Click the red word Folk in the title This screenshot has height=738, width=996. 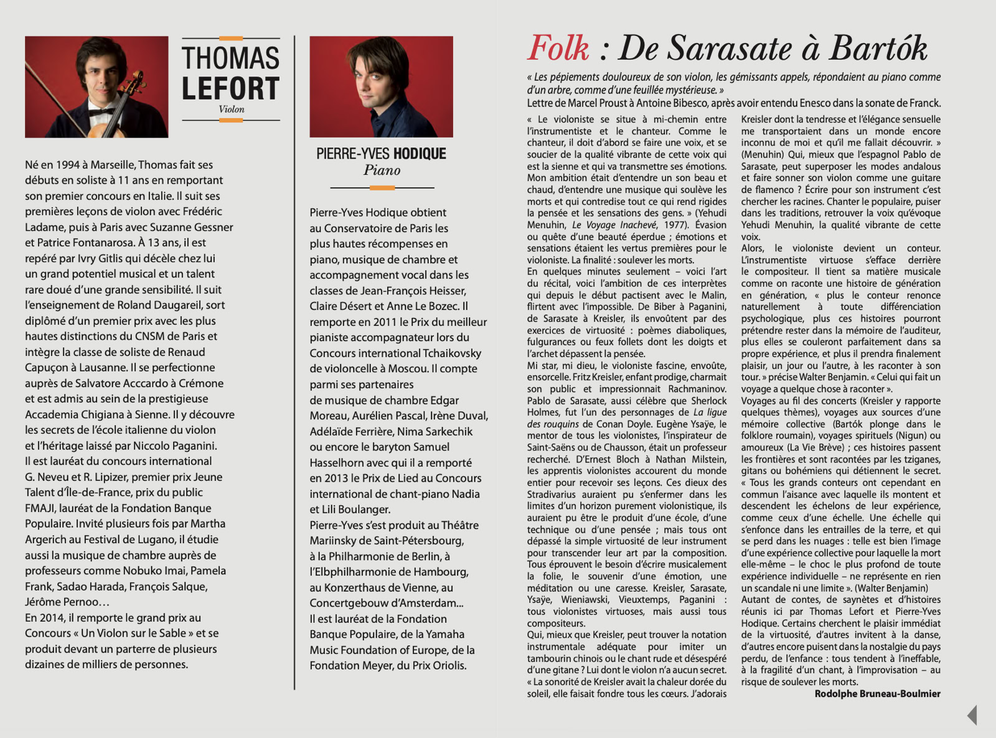pos(558,49)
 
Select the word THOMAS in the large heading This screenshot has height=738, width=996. pos(230,58)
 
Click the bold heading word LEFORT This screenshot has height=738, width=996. pos(230,88)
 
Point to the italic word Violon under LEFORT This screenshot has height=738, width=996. pos(232,110)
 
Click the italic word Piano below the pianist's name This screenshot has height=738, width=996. pos(382,170)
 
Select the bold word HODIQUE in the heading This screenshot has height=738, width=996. pos(420,154)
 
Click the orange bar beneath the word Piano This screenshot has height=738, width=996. pos(382,187)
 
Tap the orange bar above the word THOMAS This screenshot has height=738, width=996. pos(231,39)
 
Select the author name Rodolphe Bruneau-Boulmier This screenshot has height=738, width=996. pos(877,694)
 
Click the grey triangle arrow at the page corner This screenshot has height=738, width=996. pos(972,715)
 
